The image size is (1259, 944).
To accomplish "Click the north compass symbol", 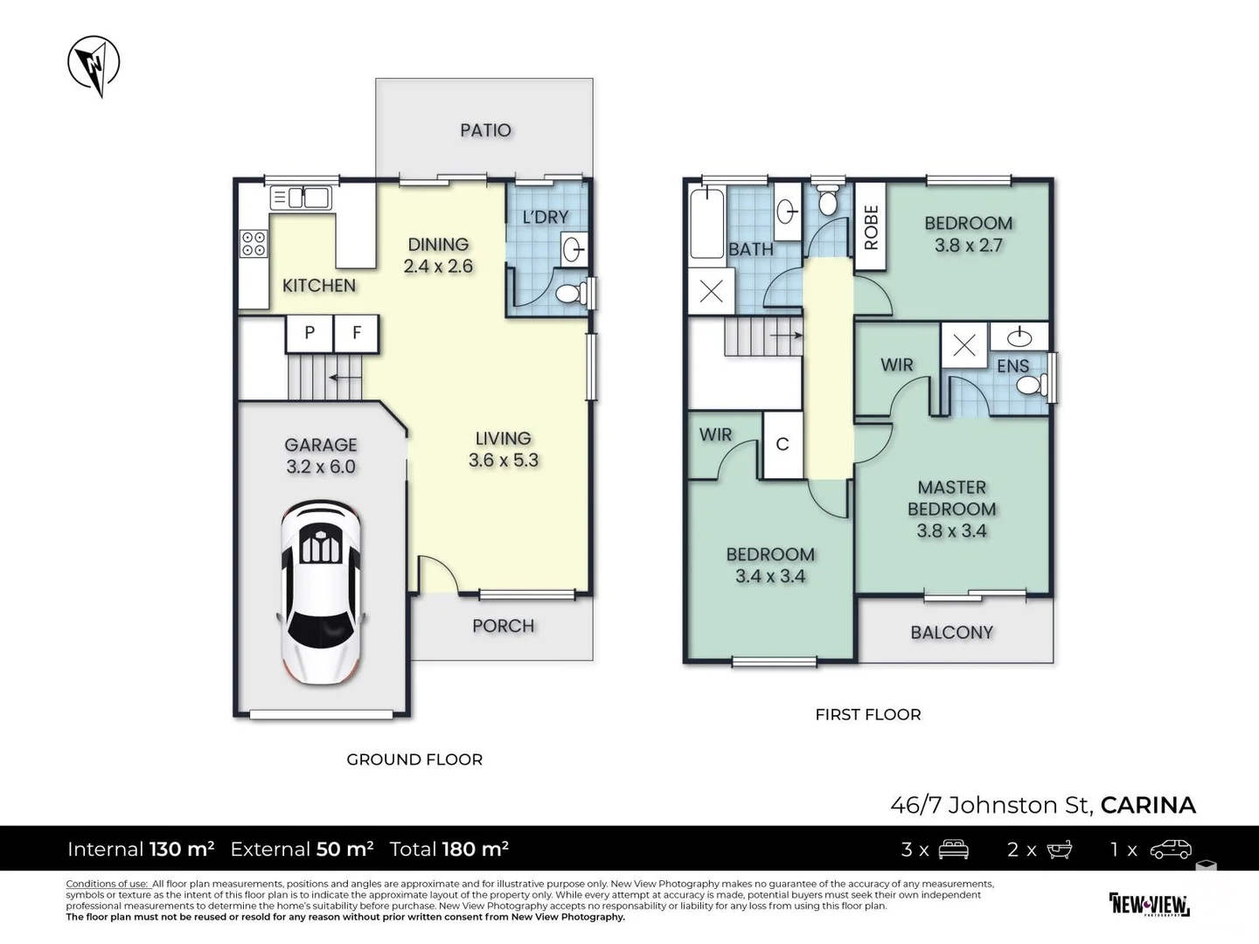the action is [x=94, y=64].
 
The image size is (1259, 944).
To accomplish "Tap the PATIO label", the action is [x=485, y=131].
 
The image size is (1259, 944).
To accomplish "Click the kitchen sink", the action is [x=301, y=198].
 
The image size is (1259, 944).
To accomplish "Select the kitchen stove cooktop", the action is [x=254, y=244].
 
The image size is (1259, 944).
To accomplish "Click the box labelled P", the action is [x=310, y=333].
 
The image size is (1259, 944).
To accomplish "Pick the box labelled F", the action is [x=356, y=333].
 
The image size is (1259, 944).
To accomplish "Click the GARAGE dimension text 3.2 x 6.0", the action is [x=321, y=467].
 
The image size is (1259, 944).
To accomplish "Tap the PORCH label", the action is [x=503, y=626].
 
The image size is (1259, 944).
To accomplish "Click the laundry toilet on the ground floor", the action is [x=571, y=294].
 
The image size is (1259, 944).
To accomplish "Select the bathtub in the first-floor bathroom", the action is [x=706, y=224].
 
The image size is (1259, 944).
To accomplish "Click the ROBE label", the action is [x=871, y=227].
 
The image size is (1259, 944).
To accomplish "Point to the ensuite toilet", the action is [x=1032, y=385].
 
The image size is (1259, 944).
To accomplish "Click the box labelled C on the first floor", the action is [x=783, y=444].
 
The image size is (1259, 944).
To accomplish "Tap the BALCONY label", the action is [x=951, y=633].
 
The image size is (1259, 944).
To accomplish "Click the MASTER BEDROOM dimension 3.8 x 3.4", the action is [x=951, y=531].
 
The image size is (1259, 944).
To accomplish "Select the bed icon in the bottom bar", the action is [x=953, y=849].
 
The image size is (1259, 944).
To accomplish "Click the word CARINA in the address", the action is [x=1148, y=805].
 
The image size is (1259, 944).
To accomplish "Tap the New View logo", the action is [x=1150, y=905].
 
